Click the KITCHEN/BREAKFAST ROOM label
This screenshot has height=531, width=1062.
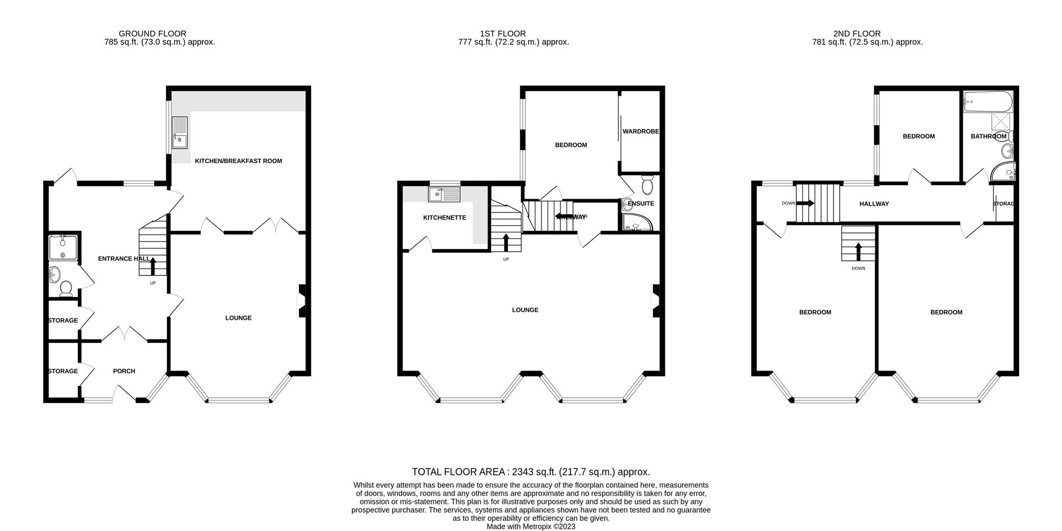coord(238,161)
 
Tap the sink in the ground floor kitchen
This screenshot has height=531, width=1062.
coord(180,133)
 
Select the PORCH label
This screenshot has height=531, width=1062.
coord(124,371)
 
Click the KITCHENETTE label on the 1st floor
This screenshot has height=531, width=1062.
coord(444,218)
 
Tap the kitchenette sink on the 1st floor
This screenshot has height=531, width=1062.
coord(444,194)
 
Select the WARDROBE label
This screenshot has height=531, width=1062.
coord(641,132)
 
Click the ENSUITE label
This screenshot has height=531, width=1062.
coord(641,204)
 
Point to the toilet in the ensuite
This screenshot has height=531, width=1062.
coord(648,183)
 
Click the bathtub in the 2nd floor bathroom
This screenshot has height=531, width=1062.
coord(988,101)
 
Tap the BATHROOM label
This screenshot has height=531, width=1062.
coord(988,136)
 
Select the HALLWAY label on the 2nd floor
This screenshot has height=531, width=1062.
coord(874,204)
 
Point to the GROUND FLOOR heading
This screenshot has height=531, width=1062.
coord(153,34)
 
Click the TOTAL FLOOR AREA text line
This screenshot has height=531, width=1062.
coord(530,472)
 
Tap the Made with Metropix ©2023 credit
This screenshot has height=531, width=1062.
coord(530,527)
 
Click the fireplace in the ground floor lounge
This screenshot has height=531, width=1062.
coord(301,301)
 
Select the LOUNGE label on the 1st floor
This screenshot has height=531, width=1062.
coord(525,310)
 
